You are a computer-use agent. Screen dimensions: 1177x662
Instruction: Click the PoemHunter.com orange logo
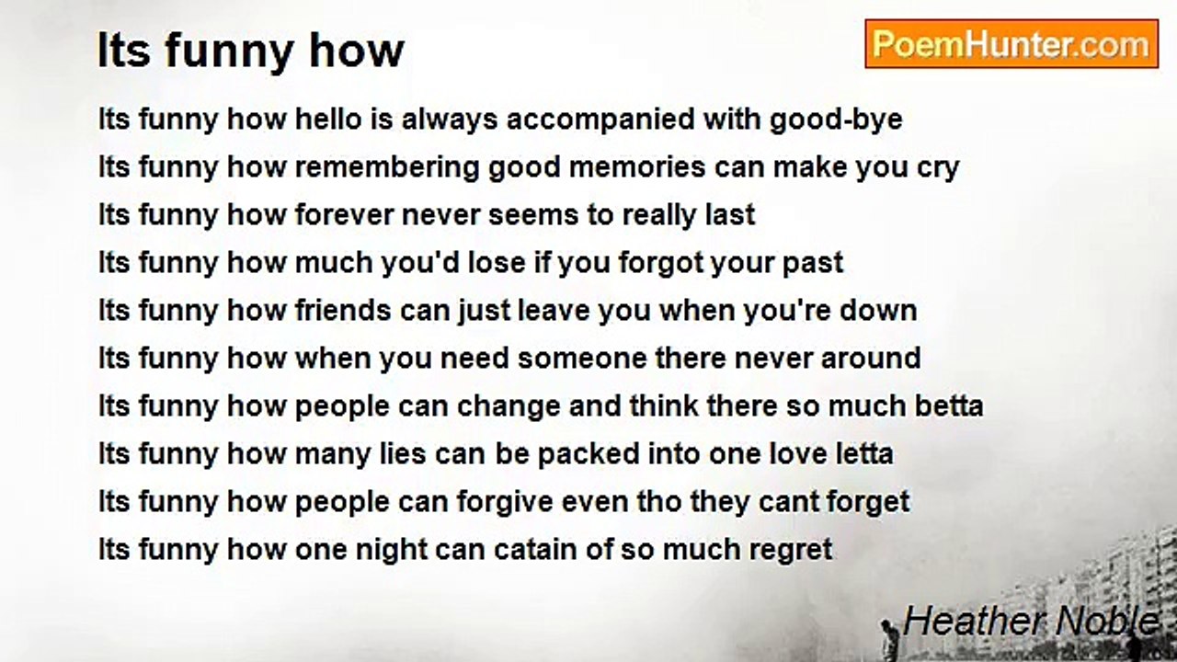coord(1011,44)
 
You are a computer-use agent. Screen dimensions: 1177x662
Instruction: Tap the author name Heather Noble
coord(1031,621)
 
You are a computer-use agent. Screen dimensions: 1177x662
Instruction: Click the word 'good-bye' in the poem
coord(836,120)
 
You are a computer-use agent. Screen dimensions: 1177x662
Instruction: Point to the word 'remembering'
coord(387,168)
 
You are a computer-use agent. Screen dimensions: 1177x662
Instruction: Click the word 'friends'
coord(343,310)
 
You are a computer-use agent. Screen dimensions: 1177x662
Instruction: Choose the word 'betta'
coord(949,406)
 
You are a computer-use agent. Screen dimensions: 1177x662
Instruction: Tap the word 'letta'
coord(864,454)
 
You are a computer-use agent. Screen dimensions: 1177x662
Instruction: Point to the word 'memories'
coord(637,168)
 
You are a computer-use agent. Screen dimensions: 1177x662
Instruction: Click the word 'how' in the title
coord(357,51)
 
